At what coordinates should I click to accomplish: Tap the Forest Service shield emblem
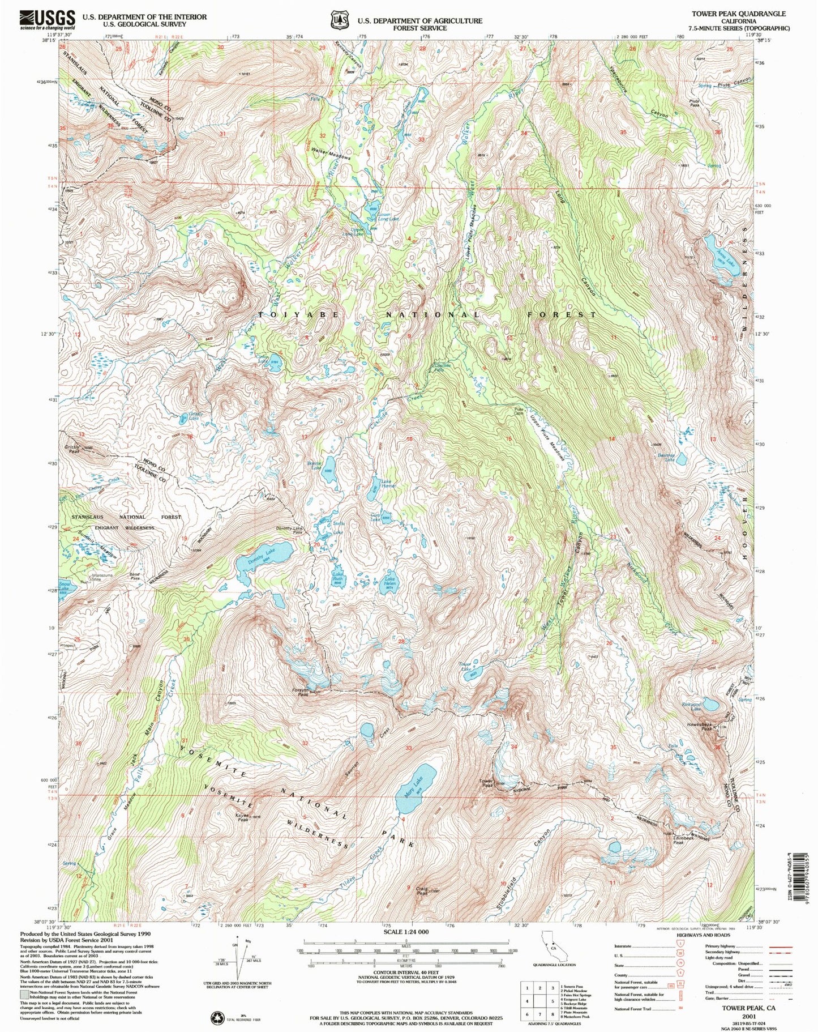(x=340, y=20)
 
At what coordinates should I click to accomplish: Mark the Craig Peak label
(x=422, y=891)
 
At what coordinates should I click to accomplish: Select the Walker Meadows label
(x=331, y=154)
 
